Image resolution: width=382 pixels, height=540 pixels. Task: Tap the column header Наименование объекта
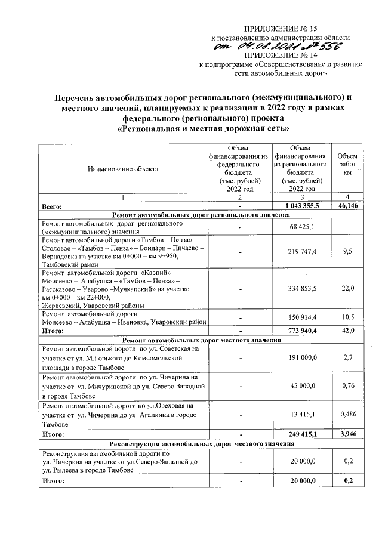coord(124,169)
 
